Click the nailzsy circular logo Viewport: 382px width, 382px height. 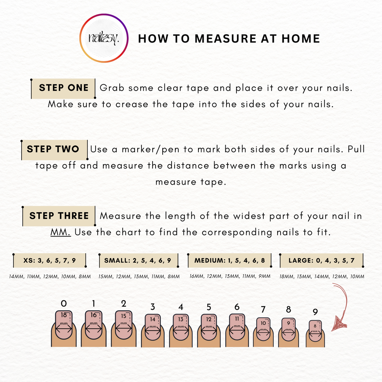point(104,38)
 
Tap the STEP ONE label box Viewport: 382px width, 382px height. point(63,88)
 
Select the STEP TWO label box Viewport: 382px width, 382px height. point(54,150)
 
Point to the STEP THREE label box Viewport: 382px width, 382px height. point(59,216)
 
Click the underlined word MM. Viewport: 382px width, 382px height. point(61,232)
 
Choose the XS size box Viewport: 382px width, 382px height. point(50,260)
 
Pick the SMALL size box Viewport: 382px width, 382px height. point(139,260)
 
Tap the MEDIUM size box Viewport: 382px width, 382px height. point(229,260)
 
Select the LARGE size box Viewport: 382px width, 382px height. point(322,260)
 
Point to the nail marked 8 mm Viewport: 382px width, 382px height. point(315,331)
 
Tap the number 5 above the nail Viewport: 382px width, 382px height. point(209,307)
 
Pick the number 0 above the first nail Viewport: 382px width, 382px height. point(64,304)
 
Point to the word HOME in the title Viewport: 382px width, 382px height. point(301,38)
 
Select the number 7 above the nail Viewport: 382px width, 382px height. point(263,309)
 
